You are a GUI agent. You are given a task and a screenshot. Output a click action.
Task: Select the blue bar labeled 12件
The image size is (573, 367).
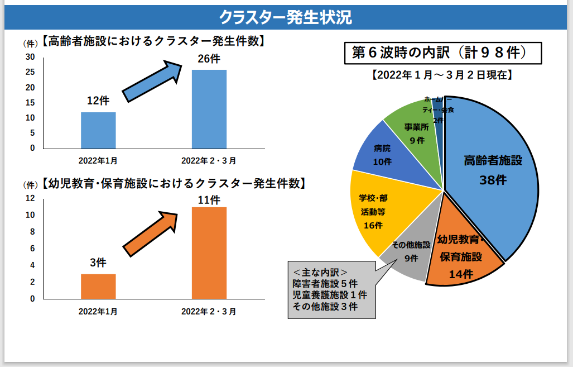[98, 130]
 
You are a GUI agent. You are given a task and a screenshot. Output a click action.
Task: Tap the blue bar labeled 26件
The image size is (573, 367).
[209, 109]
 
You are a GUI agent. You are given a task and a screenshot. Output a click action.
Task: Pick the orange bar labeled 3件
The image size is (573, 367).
[98, 286]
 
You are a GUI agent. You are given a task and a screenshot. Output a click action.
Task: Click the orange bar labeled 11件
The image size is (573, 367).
[209, 252]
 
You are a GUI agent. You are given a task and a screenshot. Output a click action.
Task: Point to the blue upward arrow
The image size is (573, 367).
[152, 82]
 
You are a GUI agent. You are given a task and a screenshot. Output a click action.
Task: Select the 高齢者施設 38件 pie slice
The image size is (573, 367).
[491, 179]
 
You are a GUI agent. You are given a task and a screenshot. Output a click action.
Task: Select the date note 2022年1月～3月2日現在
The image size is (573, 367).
[442, 74]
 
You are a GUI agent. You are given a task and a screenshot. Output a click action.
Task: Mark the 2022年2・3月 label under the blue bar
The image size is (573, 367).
[209, 161]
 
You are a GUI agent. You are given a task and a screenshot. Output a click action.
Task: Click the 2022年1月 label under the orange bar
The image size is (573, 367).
[98, 311]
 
